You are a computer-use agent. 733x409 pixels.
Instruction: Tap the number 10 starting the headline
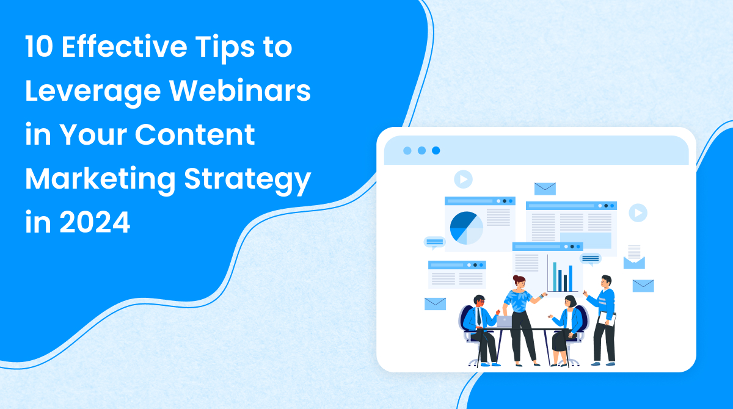pos(40,48)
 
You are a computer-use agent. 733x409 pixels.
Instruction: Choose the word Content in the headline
pos(196,136)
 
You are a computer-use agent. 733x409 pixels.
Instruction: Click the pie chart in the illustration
pos(466,228)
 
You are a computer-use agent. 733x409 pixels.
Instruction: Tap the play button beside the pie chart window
pos(463,179)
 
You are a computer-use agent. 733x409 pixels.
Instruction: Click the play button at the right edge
pos(638,212)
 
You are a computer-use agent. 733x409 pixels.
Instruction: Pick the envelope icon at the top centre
pos(545,189)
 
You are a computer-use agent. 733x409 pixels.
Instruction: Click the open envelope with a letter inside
pos(634,257)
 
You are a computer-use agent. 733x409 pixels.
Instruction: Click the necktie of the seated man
pos(480,316)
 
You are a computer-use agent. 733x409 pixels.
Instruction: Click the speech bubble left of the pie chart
pos(434,242)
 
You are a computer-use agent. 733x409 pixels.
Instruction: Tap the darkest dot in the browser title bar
pos(436,150)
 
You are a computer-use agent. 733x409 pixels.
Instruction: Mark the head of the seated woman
pos(570,301)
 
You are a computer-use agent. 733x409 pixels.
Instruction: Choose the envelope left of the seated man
pos(435,303)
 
